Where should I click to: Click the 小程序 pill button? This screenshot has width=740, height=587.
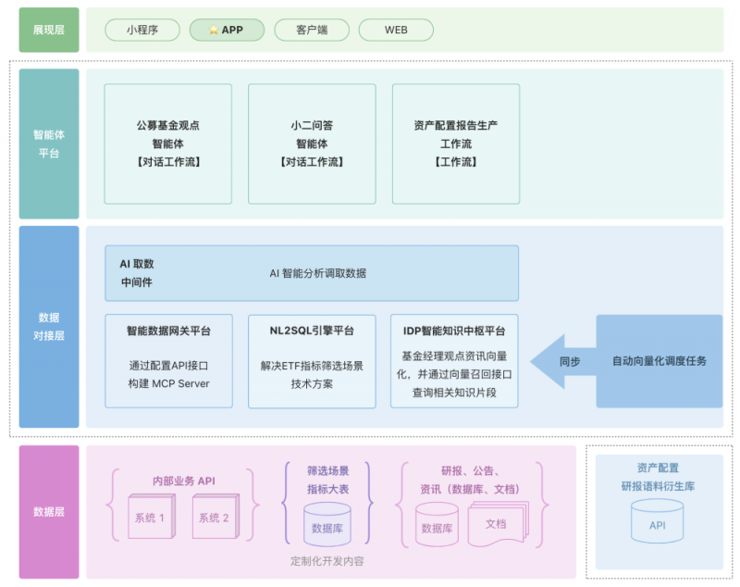click(x=142, y=30)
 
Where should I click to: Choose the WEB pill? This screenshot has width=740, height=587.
click(x=396, y=30)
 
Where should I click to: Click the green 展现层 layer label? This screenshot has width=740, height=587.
click(x=49, y=30)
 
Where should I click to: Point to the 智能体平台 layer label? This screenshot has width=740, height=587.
click(x=49, y=144)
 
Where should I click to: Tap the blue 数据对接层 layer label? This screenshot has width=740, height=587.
click(x=49, y=327)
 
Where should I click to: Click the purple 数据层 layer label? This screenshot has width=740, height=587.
click(x=49, y=512)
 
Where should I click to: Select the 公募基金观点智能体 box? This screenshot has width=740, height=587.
click(x=167, y=144)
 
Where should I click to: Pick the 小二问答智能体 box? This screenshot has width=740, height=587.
click(x=312, y=144)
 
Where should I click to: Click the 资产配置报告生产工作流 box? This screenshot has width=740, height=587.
click(x=456, y=144)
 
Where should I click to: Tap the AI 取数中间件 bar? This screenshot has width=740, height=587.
click(x=312, y=273)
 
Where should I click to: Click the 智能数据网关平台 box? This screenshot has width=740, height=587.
click(x=168, y=360)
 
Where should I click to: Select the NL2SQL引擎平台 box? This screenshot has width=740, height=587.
click(x=312, y=360)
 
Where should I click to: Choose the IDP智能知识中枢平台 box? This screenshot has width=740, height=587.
click(x=454, y=360)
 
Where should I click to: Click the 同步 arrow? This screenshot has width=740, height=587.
click(x=563, y=361)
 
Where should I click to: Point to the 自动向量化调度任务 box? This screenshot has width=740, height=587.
click(x=659, y=361)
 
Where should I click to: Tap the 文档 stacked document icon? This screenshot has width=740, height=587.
click(x=497, y=523)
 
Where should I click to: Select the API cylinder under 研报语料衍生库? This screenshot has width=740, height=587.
click(x=657, y=523)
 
